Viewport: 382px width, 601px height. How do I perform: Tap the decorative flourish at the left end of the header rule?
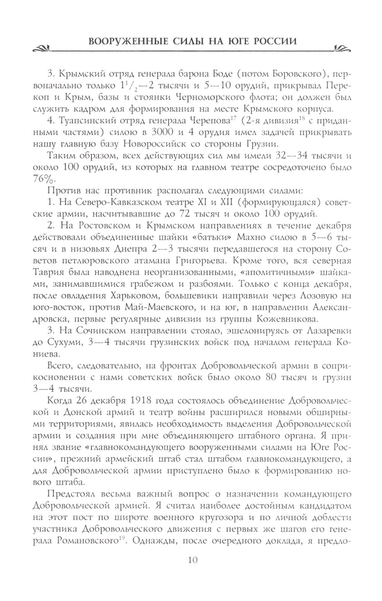[x=42, y=49]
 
